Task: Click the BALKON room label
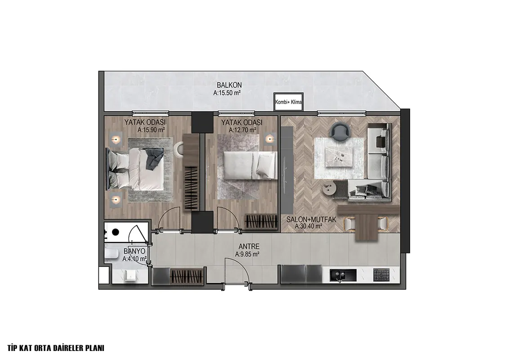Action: pyautogui.click(x=229, y=85)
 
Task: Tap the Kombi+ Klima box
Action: pyautogui.click(x=288, y=102)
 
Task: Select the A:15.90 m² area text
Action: pyautogui.click(x=151, y=130)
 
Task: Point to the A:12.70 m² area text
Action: pyautogui.click(x=242, y=130)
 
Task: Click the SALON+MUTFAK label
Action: pyautogui.click(x=311, y=220)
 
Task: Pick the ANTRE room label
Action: pyautogui.click(x=249, y=247)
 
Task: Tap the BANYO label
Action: pyautogui.click(x=134, y=252)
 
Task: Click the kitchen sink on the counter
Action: pyautogui.click(x=343, y=275)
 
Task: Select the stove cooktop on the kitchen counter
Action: pyautogui.click(x=381, y=275)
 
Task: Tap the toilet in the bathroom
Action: pyautogui.click(x=112, y=253)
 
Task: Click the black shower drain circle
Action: pyautogui.click(x=115, y=232)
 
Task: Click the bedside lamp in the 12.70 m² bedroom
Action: pyautogui.click(x=269, y=139)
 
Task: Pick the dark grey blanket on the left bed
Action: pyautogui.click(x=153, y=158)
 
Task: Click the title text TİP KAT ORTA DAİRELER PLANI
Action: pyautogui.click(x=55, y=348)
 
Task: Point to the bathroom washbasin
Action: pyautogui.click(x=131, y=275)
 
